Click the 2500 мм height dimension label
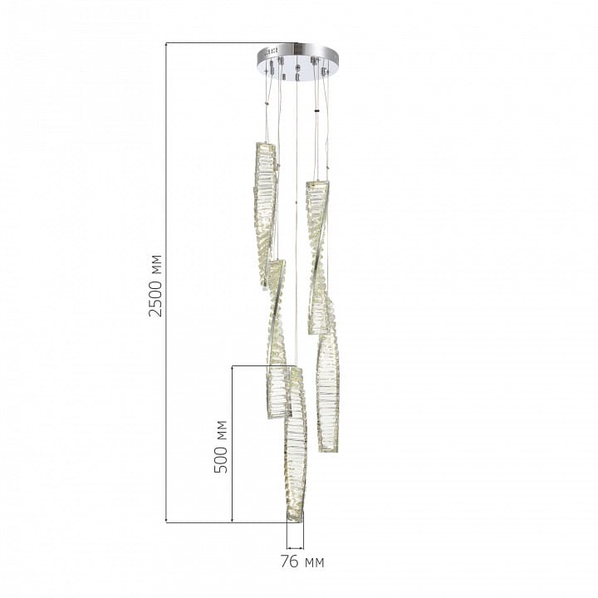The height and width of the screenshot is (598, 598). click(156, 285)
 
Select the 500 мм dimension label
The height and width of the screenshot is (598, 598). click(221, 447)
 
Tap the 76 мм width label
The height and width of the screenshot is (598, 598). click(302, 561)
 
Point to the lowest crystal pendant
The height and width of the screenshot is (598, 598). click(296, 444)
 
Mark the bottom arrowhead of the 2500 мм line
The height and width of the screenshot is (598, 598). click(166, 520)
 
